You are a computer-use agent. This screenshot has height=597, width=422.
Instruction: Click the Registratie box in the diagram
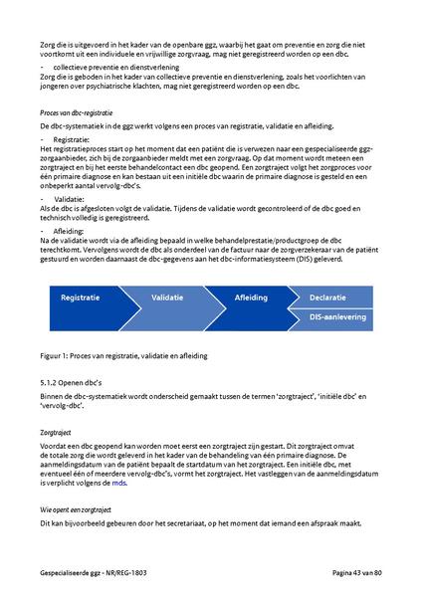[81, 298]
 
